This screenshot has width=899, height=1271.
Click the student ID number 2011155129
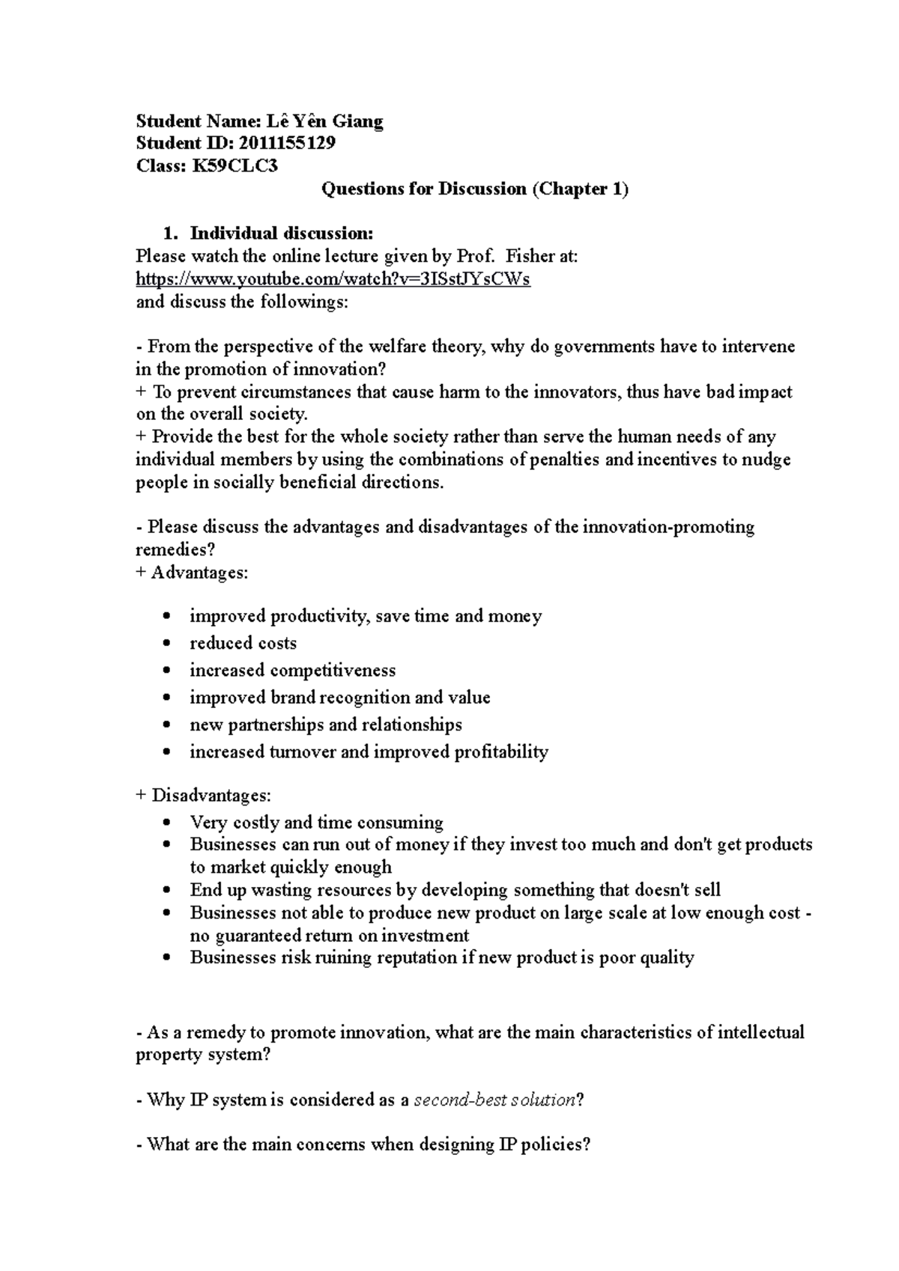click(286, 143)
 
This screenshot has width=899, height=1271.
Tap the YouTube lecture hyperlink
click(333, 279)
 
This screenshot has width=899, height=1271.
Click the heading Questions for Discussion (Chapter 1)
click(474, 189)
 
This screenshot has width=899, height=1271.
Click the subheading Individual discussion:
click(281, 234)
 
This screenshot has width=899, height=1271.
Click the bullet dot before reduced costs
click(167, 644)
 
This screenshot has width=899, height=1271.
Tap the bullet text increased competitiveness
click(292, 670)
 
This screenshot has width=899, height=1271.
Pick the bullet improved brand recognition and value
click(339, 698)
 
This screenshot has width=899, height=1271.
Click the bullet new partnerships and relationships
click(325, 725)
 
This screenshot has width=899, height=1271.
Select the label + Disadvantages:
click(203, 795)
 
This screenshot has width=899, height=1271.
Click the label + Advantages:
click(191, 573)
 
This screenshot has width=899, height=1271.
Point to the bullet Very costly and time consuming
click(316, 823)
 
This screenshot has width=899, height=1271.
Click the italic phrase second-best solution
click(494, 1100)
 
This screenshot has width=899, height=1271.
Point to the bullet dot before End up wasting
click(167, 891)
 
